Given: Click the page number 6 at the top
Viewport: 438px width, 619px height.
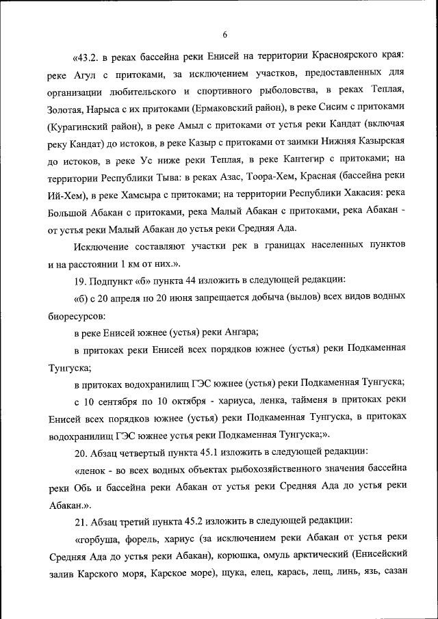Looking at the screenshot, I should click(224, 35).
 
